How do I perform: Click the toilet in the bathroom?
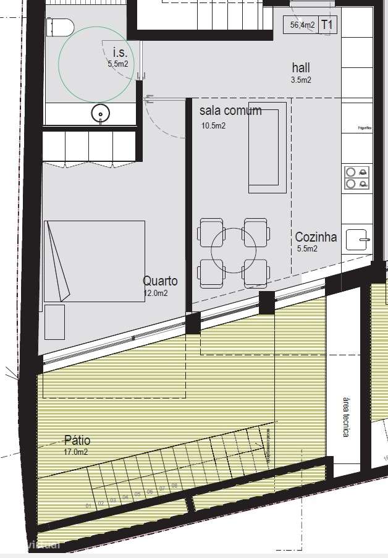click(x=61, y=27)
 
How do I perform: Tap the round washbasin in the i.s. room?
click(x=100, y=113)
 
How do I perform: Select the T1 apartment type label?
click(x=327, y=25)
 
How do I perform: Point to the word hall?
click(x=301, y=68)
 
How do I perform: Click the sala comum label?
click(x=230, y=111)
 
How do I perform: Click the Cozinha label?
click(x=316, y=237)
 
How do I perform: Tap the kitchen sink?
click(x=359, y=239)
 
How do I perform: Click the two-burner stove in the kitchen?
click(x=358, y=178)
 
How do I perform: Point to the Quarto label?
click(x=160, y=281)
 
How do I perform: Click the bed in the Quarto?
click(x=94, y=261)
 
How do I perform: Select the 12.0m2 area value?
click(x=156, y=294)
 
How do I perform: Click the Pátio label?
click(x=77, y=441)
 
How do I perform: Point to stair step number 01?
click(x=89, y=506)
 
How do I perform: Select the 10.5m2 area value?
click(x=213, y=125)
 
